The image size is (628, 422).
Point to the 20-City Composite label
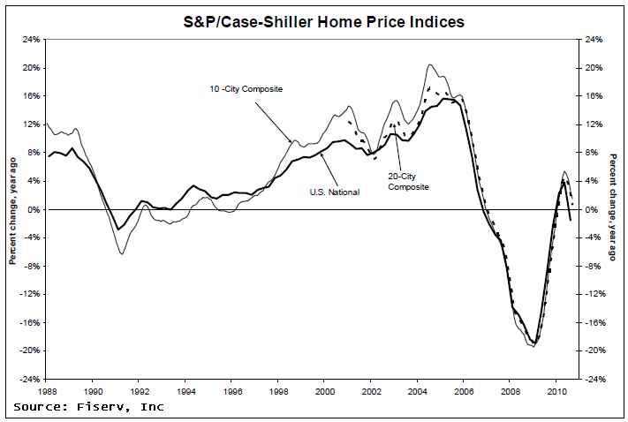tap(408, 180)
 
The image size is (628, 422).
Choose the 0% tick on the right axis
tap(591, 209)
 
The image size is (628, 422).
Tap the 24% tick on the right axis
tap(594, 40)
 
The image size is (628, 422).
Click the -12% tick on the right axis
tap(594, 294)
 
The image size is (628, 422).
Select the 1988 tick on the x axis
tap(47, 388)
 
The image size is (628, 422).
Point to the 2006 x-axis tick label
tap(464, 388)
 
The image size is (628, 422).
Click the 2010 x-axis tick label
tap(556, 388)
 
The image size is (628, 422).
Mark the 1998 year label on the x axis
tap(278, 388)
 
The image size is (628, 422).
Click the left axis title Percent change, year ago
tap(12, 209)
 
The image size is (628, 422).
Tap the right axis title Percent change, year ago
tap(615, 209)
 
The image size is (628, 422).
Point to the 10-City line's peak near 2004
tap(429, 64)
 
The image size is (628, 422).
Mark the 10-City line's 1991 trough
tap(122, 254)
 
